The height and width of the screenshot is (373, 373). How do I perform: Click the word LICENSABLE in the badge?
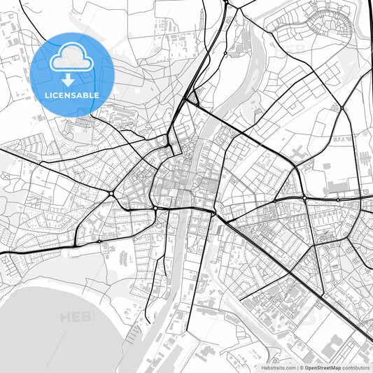[x=72, y=95]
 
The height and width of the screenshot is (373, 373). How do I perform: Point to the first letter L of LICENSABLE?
[x=47, y=95]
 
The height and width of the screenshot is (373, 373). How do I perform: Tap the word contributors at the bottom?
[x=356, y=367]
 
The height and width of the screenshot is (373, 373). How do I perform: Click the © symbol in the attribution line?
[x=301, y=367]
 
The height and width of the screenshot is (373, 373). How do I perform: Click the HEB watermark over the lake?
[x=77, y=318]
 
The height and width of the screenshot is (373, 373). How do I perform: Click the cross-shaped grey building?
[x=300, y=152]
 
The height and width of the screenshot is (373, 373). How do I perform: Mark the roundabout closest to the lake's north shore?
[x=100, y=241]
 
